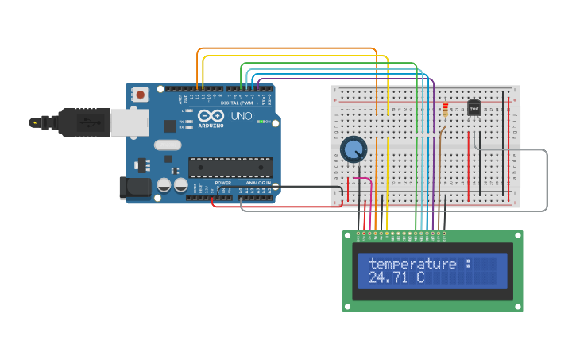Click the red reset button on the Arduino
pos(141,95)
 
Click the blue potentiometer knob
pos(353,149)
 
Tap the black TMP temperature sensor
pos(474,107)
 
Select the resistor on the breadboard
pos(445,110)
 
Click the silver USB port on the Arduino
pos(129,122)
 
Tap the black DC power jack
pos(133,188)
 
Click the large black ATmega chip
pos(230,167)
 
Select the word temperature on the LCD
pos(412,264)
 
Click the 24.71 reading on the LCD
pos(391,277)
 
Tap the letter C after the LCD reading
pos(420,277)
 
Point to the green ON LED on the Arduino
pos(269,122)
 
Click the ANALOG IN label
pos(258,183)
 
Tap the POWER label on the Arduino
pos(223,183)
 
